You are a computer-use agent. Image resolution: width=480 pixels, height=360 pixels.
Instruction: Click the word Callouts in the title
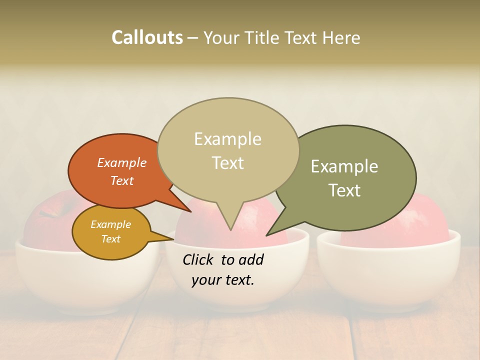point(147,37)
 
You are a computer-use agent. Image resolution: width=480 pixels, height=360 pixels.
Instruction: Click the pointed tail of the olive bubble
point(270,233)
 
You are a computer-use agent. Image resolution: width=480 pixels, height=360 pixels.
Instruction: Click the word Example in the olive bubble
point(344,166)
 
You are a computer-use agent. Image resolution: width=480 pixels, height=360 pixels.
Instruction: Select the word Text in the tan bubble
point(228,162)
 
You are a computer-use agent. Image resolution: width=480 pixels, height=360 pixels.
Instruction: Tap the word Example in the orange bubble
point(122,162)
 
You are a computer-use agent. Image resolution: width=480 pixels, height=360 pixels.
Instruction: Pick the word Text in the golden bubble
point(110,239)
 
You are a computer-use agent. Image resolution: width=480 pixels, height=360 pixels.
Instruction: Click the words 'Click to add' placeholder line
point(223,259)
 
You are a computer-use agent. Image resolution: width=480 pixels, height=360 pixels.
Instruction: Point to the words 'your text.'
point(223,280)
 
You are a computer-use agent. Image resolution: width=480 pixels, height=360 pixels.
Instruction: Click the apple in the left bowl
point(45,220)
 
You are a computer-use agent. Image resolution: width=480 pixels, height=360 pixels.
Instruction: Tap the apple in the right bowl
point(425,220)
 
